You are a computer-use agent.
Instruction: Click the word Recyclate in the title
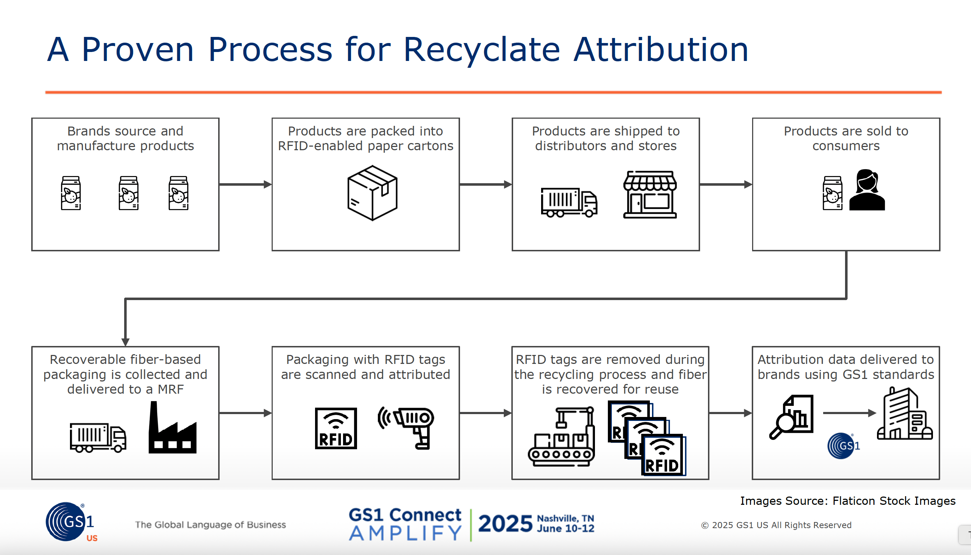click(x=481, y=50)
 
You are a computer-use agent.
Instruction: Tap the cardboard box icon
click(x=372, y=193)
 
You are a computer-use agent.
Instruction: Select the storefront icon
click(x=650, y=194)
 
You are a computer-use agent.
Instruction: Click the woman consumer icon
click(x=867, y=190)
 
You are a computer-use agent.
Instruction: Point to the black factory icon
click(x=172, y=428)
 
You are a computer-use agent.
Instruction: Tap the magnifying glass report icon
click(x=791, y=417)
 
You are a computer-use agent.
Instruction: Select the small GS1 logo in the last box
click(x=843, y=446)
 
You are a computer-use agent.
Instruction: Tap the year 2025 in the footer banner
click(x=505, y=524)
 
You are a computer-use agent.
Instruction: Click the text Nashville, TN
click(x=565, y=518)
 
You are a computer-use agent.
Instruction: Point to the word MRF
click(x=170, y=389)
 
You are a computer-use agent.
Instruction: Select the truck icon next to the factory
click(x=98, y=438)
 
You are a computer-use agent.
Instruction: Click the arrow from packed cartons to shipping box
click(x=485, y=185)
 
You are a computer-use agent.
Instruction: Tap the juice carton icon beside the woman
click(x=832, y=193)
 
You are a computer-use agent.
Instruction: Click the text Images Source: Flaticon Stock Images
click(x=848, y=501)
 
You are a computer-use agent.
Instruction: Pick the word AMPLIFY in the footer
click(x=405, y=533)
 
